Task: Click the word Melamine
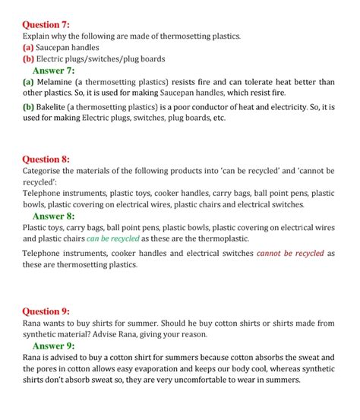[58, 82]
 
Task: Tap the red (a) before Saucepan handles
[28, 47]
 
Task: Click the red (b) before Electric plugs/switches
[28, 58]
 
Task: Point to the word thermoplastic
[209, 238]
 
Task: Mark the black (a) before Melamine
[28, 82]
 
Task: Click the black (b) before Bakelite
[28, 107]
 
